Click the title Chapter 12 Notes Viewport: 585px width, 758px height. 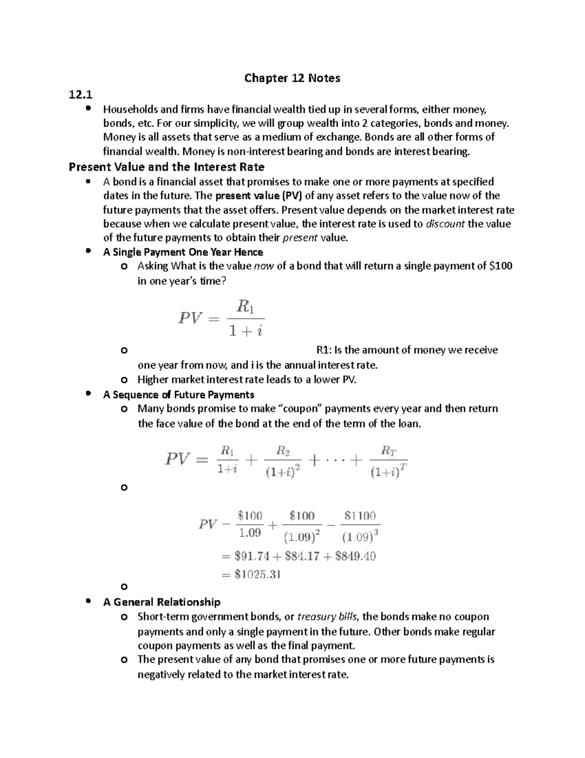tap(292, 78)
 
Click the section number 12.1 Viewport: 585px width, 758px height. tap(80, 94)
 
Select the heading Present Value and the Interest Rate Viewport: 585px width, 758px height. tap(166, 167)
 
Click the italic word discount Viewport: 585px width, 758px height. tap(445, 224)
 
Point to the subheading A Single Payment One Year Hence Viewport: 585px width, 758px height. tap(183, 252)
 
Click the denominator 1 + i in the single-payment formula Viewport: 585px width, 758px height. tap(246, 331)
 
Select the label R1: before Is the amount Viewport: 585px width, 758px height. tap(324, 350)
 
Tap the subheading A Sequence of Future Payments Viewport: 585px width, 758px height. tap(178, 394)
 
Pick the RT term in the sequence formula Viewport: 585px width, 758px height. tap(388, 451)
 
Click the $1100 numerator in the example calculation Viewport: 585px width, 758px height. tap(360, 516)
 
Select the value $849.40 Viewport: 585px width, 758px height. tap(355, 556)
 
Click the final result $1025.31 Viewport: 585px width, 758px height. tap(257, 574)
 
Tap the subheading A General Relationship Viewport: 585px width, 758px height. tap(161, 602)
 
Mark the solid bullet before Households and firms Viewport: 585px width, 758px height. tap(88, 108)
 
